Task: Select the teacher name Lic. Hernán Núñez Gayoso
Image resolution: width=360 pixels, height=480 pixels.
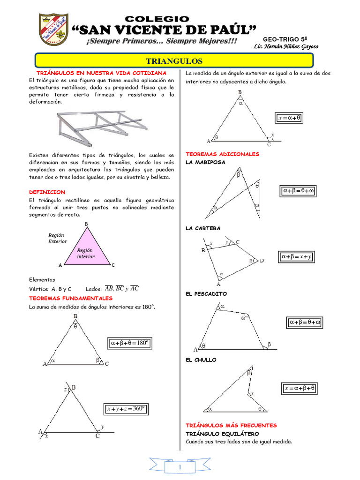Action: (285, 47)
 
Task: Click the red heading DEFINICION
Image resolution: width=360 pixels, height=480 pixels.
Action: (47, 192)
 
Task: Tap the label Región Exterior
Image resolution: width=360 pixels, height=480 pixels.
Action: (57, 238)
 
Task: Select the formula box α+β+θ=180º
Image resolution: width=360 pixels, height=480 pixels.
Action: (130, 343)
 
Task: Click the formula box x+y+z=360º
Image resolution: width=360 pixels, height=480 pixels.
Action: (126, 409)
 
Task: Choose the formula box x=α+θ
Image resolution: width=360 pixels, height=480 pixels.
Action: (289, 118)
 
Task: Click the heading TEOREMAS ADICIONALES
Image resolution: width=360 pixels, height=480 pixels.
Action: (222, 154)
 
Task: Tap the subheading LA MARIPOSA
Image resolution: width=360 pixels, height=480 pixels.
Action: (205, 162)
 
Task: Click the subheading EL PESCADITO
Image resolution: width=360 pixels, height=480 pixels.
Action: (206, 294)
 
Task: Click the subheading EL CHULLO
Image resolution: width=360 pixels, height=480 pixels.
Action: (201, 360)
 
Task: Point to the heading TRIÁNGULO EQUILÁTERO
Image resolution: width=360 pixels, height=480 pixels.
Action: (222, 434)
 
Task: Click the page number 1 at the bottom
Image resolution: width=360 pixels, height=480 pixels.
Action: (180, 467)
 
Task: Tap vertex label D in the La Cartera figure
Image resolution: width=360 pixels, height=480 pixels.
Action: (262, 261)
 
